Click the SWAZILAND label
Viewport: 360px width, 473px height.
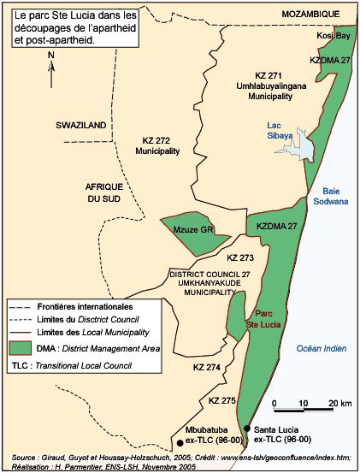[x=80, y=126]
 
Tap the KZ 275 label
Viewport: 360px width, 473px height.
[x=221, y=399]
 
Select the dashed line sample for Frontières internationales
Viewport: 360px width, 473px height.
[x=27, y=305]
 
